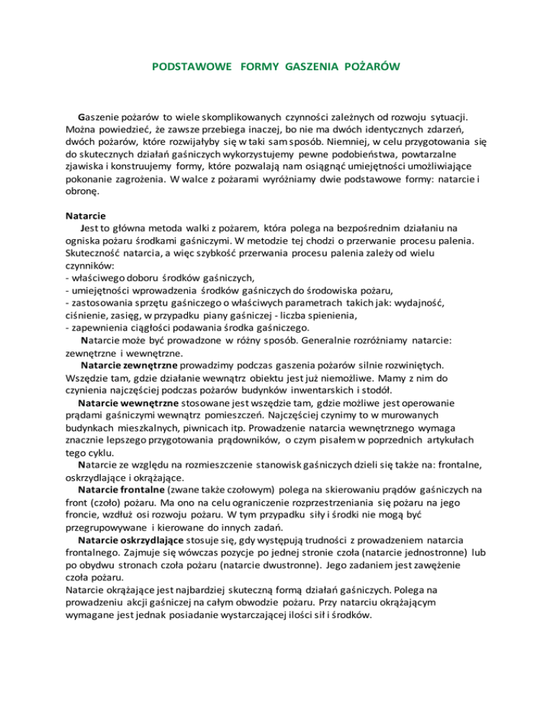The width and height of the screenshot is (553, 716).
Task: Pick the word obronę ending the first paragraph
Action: coord(85,192)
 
